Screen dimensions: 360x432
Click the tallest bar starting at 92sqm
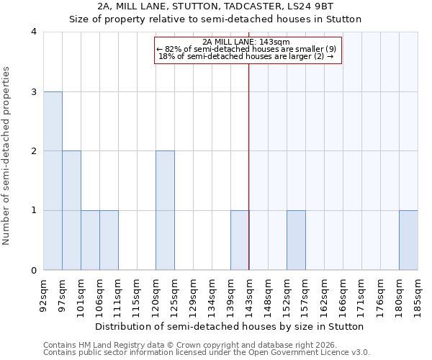point(53,181)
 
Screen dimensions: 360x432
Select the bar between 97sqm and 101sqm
point(71,210)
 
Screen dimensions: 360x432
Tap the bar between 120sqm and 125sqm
point(165,210)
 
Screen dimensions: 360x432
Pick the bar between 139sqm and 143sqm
point(240,240)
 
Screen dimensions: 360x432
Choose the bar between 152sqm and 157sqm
point(296,240)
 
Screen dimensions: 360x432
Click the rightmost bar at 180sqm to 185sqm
point(408,240)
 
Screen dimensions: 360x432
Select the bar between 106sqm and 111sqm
point(109,240)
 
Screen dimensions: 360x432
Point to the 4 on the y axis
point(33,32)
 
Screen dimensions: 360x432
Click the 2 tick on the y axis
point(33,151)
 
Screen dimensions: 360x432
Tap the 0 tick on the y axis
point(33,271)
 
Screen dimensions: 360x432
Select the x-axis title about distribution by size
point(230,326)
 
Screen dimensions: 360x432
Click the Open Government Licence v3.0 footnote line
point(207,353)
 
